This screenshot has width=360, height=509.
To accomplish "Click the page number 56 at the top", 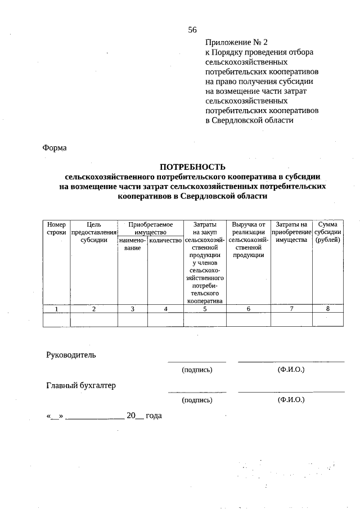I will click(192, 30).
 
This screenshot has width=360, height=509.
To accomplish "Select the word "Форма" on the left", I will click(54, 148).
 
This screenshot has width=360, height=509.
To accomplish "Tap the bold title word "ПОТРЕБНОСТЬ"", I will click(192, 166).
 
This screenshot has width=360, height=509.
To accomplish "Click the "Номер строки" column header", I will click(56, 228).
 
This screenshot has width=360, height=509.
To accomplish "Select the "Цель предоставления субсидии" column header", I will click(94, 232).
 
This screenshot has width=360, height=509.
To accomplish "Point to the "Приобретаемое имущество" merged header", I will click(150, 228).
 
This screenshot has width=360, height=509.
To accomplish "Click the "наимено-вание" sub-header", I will click(132, 245).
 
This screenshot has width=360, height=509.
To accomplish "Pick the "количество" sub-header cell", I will click(165, 241).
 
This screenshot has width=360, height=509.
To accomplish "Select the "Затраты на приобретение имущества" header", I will click(291, 232).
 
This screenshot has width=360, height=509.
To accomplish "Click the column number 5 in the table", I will click(205, 309).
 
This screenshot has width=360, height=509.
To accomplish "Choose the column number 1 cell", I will click(56, 309).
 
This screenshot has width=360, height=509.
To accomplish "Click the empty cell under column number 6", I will click(249, 319).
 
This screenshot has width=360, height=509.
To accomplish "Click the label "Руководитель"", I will click(71, 355).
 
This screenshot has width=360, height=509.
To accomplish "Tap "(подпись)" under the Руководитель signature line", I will click(197, 370).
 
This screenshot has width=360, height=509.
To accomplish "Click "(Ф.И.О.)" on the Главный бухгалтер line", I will click(291, 400).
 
